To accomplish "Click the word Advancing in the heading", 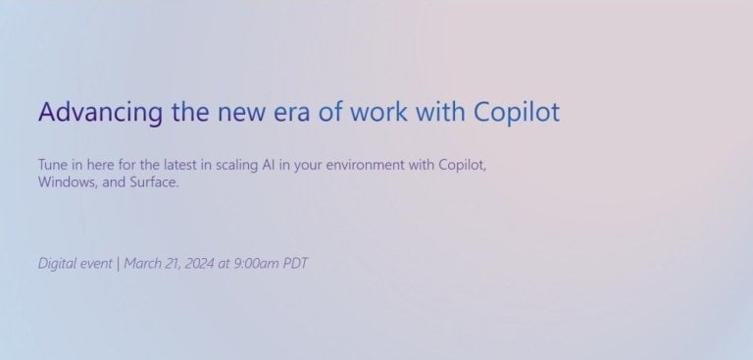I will point(100,112).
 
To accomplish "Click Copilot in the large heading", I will point(516,112).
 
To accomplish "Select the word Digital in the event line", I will point(57,264).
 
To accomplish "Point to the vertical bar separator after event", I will point(118,264).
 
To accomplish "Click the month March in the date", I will point(143,264).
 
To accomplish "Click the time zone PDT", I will point(296,264).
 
